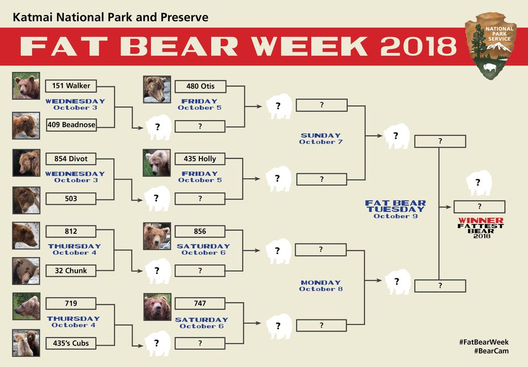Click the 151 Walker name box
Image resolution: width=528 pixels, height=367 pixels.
pyautogui.click(x=71, y=86)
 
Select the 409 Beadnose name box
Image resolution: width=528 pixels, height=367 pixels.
pyautogui.click(x=71, y=125)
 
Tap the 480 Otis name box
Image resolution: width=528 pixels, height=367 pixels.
pyautogui.click(x=200, y=87)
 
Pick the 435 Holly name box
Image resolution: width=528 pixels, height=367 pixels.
pyautogui.click(x=200, y=159)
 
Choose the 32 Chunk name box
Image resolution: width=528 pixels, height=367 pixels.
pyautogui.click(x=71, y=271)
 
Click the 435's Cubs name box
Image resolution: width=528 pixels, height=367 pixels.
pyautogui.click(x=71, y=343)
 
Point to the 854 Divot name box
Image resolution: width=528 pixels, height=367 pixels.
pyautogui.click(x=71, y=159)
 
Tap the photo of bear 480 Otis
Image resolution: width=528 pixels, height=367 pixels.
pyautogui.click(x=157, y=89)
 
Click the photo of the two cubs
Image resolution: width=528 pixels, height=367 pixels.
pyautogui.click(x=26, y=343)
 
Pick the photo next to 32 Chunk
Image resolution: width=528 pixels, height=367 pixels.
pyautogui.click(x=26, y=271)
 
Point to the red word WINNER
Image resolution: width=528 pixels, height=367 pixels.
pyautogui.click(x=481, y=220)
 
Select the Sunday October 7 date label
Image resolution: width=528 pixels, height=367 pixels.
pyautogui.click(x=321, y=139)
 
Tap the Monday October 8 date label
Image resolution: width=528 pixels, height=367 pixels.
pyautogui.click(x=321, y=286)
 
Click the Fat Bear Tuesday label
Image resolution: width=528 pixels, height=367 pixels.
pyautogui.click(x=395, y=209)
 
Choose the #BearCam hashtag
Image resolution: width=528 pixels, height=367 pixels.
pyautogui.click(x=491, y=351)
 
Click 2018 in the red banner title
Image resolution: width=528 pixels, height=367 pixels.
pyautogui.click(x=419, y=46)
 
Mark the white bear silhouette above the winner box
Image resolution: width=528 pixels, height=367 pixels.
pyautogui.click(x=478, y=183)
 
